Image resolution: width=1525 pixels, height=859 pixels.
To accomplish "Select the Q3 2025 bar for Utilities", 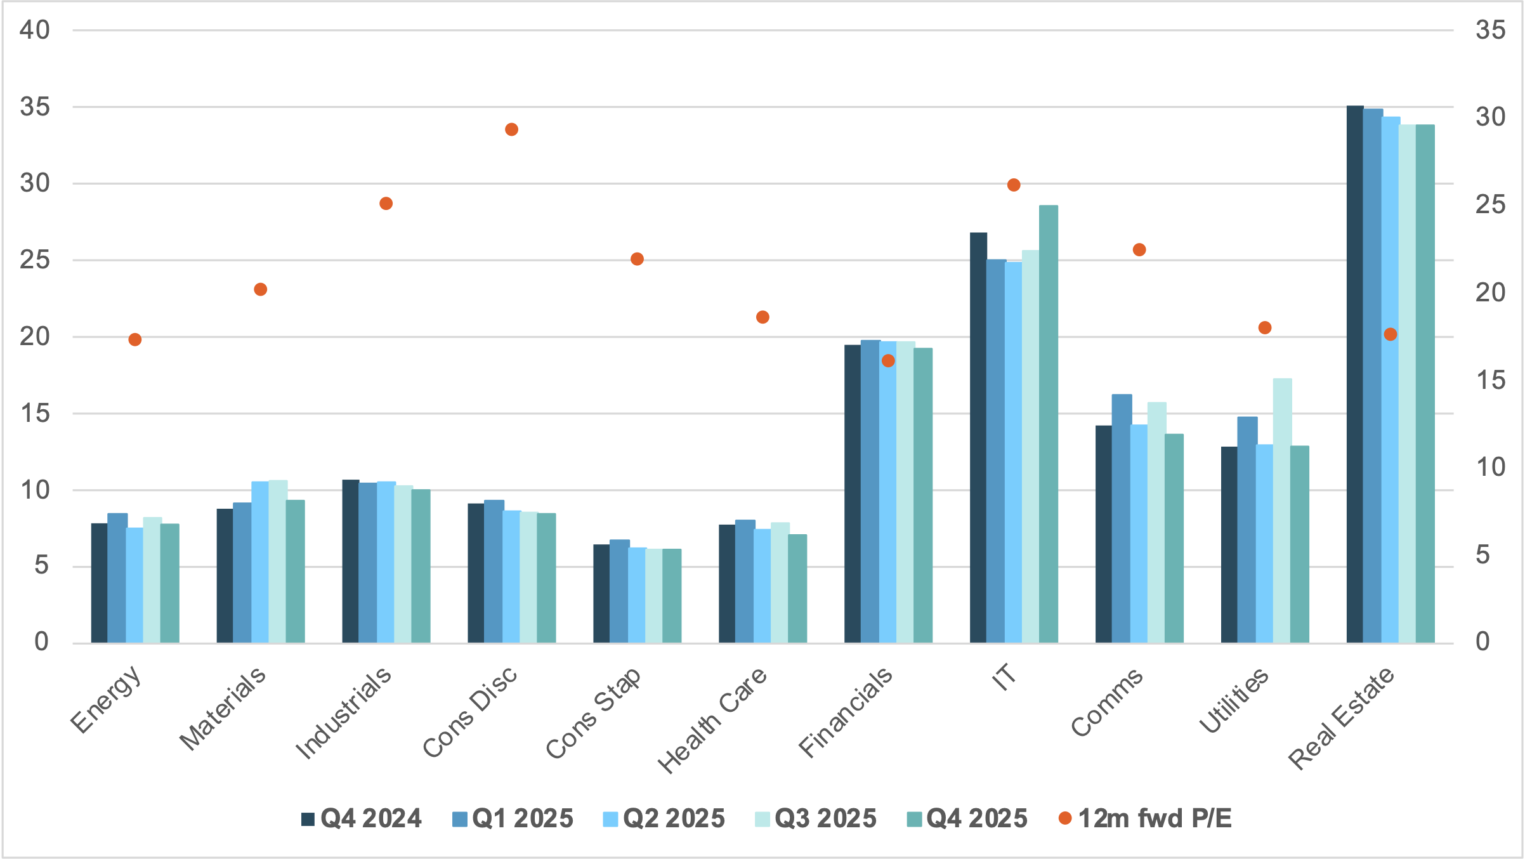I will coord(1282,511).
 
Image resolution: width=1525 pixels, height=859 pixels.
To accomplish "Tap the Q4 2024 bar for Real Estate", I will coord(1354,374).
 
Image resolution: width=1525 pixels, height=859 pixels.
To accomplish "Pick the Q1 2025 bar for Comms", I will coord(1122,518).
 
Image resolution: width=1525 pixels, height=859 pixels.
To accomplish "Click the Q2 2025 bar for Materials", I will coord(260,562).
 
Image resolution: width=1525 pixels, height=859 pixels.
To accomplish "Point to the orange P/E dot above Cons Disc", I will coord(511,129).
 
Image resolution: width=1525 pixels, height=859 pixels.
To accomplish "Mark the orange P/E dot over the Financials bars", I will coord(888,360).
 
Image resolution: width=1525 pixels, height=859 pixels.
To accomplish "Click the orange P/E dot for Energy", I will coord(134,339).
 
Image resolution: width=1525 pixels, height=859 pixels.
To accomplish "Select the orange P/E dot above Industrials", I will coord(386,204).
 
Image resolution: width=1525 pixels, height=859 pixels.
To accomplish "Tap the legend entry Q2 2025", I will coord(664,818).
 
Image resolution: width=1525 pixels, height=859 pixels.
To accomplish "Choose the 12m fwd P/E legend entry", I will coord(1146,818).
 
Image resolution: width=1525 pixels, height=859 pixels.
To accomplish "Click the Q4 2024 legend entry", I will coord(362,818).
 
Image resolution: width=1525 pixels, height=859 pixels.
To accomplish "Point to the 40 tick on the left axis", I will coord(34,30).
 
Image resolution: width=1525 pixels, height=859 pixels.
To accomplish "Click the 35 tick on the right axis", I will coord(1489,30).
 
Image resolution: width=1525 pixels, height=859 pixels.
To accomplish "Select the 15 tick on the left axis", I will coord(34,414).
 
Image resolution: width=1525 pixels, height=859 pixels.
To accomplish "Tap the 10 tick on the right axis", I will coord(1489,468).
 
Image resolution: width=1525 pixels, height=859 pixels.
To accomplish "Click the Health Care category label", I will coord(712,720).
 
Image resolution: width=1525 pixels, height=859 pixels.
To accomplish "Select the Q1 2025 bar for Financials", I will coord(870,492).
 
